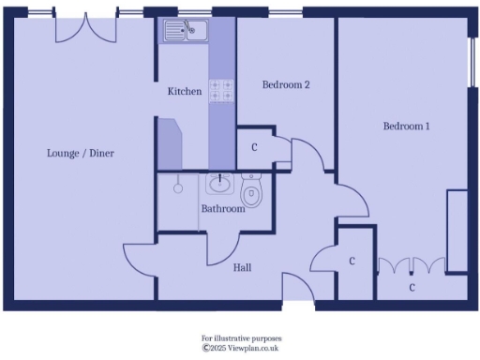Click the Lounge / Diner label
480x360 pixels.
pos(82,153)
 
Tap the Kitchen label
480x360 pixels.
pos(184,92)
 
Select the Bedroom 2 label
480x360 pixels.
pos(285,84)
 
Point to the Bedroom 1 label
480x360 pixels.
pos(405,127)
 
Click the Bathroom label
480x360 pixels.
pos(223,209)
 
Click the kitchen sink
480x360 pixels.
pos(185,33)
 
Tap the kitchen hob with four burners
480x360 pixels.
pos(221,90)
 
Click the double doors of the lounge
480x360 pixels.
pos(85,28)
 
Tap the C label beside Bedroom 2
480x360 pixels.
pos(254,148)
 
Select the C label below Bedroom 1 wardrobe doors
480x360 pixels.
pos(411,287)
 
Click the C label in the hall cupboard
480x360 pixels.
pos(351,262)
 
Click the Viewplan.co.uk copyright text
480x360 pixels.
pos(241,348)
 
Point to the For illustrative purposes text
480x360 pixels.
pos(241,337)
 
